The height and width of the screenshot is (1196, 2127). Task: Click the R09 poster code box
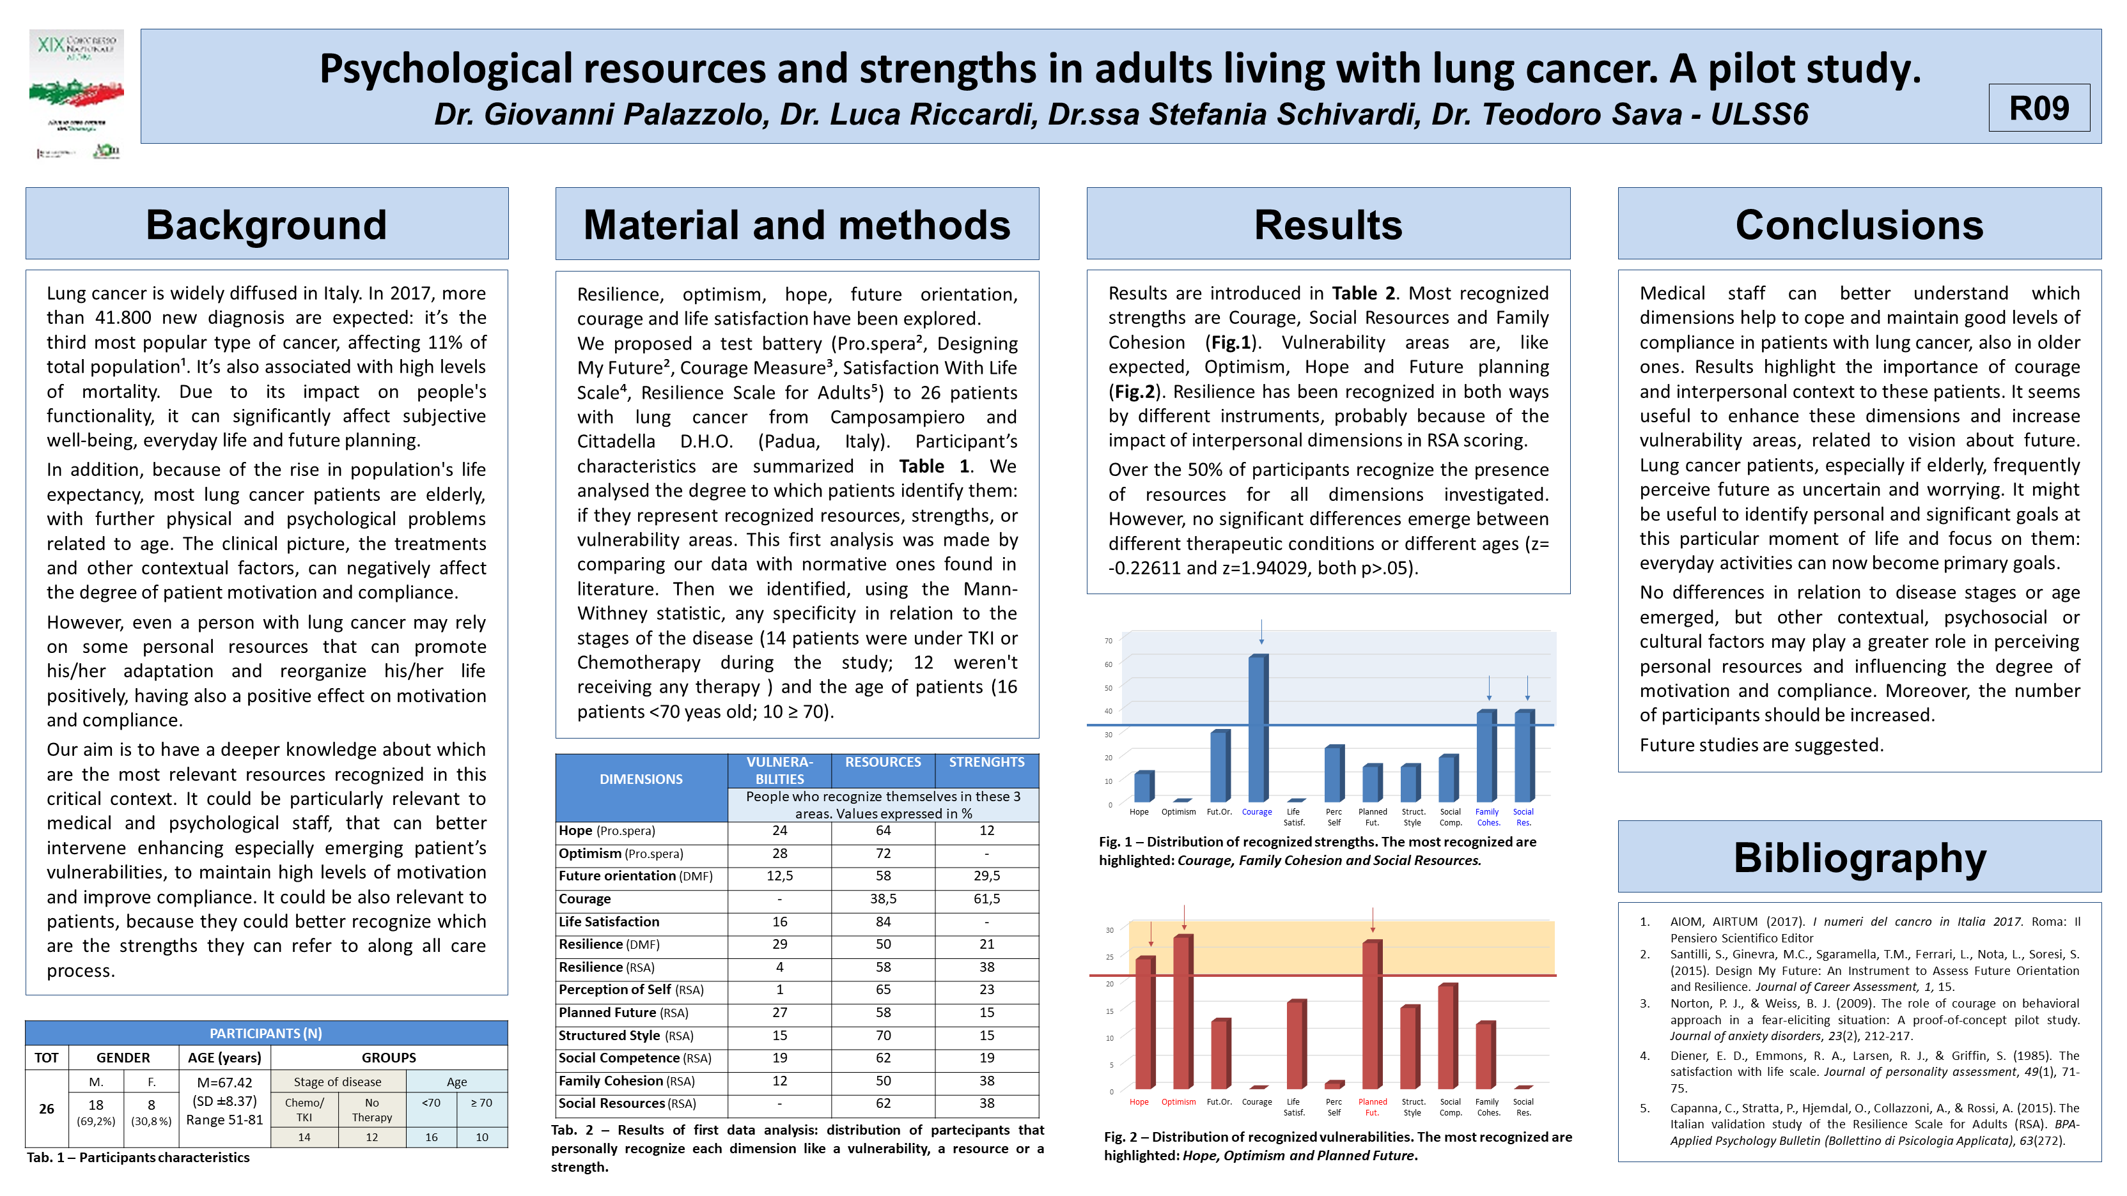(x=2038, y=108)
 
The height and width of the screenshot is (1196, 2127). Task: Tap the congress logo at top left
(x=77, y=94)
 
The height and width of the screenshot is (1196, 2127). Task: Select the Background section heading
(x=267, y=224)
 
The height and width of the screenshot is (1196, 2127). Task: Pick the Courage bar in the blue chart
(x=1257, y=728)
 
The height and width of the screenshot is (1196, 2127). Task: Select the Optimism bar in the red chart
(x=1182, y=1011)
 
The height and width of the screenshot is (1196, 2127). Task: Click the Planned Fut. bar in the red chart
(x=1371, y=1015)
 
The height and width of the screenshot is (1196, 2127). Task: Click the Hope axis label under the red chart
(x=1139, y=1102)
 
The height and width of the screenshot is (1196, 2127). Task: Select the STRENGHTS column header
(x=986, y=762)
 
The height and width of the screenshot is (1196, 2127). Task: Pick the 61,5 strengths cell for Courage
(x=986, y=899)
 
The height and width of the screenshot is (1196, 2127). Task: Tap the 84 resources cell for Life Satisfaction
(x=883, y=921)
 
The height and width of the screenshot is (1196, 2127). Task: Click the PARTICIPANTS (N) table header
(x=266, y=1033)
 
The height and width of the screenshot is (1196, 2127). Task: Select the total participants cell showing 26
(x=46, y=1108)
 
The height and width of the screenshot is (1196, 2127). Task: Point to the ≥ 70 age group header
(x=481, y=1103)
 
